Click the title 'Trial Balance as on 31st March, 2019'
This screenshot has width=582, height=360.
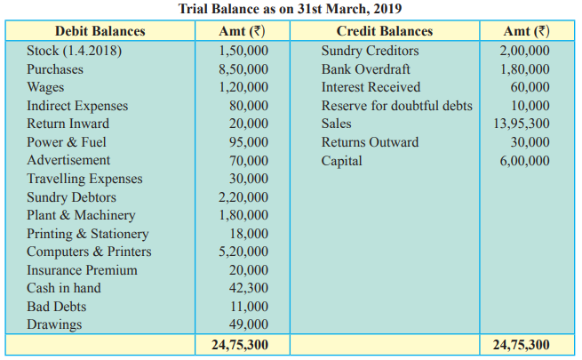[290, 9]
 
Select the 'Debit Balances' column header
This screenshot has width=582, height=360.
[100, 31]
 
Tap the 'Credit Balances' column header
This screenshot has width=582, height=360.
[385, 31]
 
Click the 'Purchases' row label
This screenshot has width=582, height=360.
[55, 69]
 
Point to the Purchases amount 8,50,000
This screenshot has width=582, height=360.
[243, 69]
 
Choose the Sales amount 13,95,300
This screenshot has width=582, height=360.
[521, 124]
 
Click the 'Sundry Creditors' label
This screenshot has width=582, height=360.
[370, 51]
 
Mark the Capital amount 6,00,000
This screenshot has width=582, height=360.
[524, 161]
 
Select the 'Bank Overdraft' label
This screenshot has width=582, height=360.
[365, 69]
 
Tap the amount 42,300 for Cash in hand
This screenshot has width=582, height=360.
[248, 288]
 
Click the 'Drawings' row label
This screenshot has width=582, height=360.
[54, 324]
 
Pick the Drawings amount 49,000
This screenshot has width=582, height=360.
[248, 324]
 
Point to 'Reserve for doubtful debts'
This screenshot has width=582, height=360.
[397, 106]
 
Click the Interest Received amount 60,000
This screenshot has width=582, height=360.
[530, 87]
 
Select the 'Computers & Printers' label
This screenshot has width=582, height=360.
[89, 252]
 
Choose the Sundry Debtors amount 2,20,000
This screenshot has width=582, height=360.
[243, 197]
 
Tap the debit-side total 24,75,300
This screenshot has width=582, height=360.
[240, 345]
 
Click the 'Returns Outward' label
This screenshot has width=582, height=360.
[370, 142]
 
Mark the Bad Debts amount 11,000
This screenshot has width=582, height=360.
[248, 307]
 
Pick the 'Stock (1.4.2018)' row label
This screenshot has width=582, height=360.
[75, 51]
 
